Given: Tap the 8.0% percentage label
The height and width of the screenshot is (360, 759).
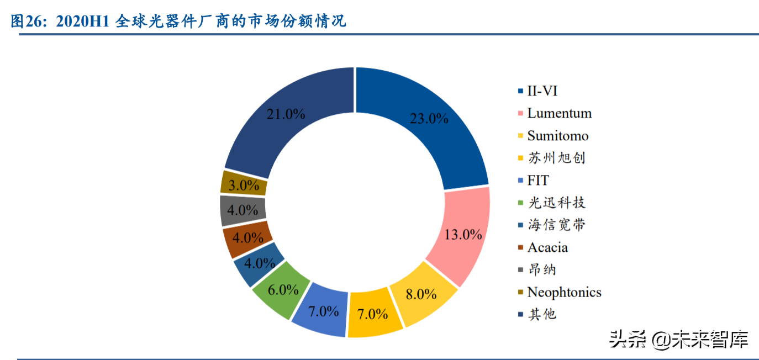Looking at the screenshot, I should pos(421,294).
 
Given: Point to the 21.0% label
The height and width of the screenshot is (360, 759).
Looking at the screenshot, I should pos(286,114).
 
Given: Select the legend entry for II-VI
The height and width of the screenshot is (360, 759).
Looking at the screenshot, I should pos(542,91).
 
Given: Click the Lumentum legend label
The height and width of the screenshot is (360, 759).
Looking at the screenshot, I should pos(559,113).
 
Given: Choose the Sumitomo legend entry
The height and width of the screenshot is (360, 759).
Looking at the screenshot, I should pos(558,136).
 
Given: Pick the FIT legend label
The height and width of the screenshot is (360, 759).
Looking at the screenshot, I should pos(538,181).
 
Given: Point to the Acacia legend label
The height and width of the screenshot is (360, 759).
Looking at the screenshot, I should pos(547,247).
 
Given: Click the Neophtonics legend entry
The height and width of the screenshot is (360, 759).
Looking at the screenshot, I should pos(564,292).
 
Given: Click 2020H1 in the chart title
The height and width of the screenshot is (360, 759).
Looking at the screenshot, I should pos(84,22).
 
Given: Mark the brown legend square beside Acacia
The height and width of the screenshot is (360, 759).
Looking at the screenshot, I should pos(520,247).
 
